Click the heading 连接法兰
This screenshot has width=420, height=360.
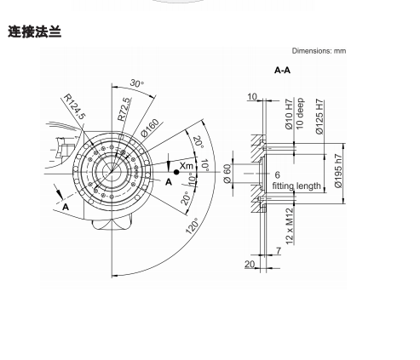click(x=34, y=31)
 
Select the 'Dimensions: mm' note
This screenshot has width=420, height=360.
click(x=319, y=51)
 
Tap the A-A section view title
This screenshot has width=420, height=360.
click(x=282, y=70)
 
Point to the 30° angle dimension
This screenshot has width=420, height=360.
click(x=137, y=83)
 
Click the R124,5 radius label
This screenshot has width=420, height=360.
click(x=74, y=106)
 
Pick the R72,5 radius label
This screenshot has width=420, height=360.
click(x=124, y=109)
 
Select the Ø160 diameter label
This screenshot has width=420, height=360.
click(x=150, y=128)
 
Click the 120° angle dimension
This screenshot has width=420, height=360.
click(x=193, y=226)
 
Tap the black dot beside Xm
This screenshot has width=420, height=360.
click(x=176, y=172)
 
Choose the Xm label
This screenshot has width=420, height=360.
click(x=187, y=166)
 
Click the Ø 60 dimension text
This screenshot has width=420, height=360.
click(x=227, y=174)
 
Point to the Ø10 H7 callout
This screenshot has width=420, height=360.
click(x=289, y=114)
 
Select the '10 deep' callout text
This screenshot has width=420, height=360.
click(x=300, y=113)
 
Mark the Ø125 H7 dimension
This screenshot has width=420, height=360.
click(x=319, y=117)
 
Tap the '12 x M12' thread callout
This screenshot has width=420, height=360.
click(x=290, y=226)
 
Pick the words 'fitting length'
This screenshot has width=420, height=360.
click(x=296, y=186)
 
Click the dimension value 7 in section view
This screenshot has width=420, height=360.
click(x=279, y=251)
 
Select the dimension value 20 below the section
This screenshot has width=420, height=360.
click(x=250, y=264)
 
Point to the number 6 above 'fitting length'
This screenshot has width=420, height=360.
click(x=277, y=174)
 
